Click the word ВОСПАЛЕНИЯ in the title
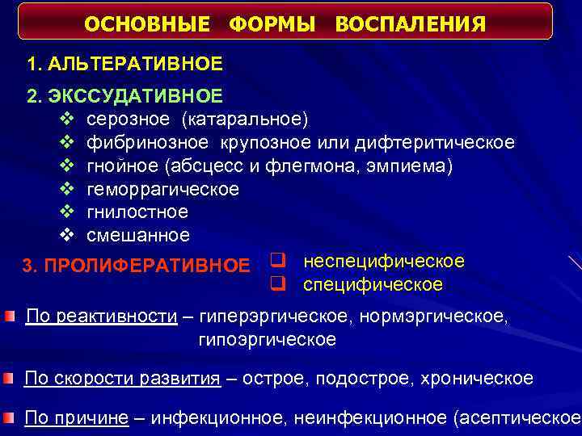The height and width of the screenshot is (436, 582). click(411, 25)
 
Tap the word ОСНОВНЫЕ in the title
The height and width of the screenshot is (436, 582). click(150, 25)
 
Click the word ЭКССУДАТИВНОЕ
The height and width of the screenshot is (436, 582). click(135, 97)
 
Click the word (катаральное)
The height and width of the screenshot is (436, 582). click(244, 119)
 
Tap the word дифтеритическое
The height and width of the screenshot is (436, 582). click(437, 143)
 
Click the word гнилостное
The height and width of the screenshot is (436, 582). click(137, 212)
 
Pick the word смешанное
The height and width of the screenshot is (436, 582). click(138, 236)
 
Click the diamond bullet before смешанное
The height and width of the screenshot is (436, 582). click(67, 236)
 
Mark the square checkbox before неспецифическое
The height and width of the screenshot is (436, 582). click(276, 261)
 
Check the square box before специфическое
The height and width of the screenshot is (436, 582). click(276, 284)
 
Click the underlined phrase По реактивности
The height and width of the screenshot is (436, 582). click(102, 316)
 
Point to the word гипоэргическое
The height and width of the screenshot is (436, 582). click(267, 339)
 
